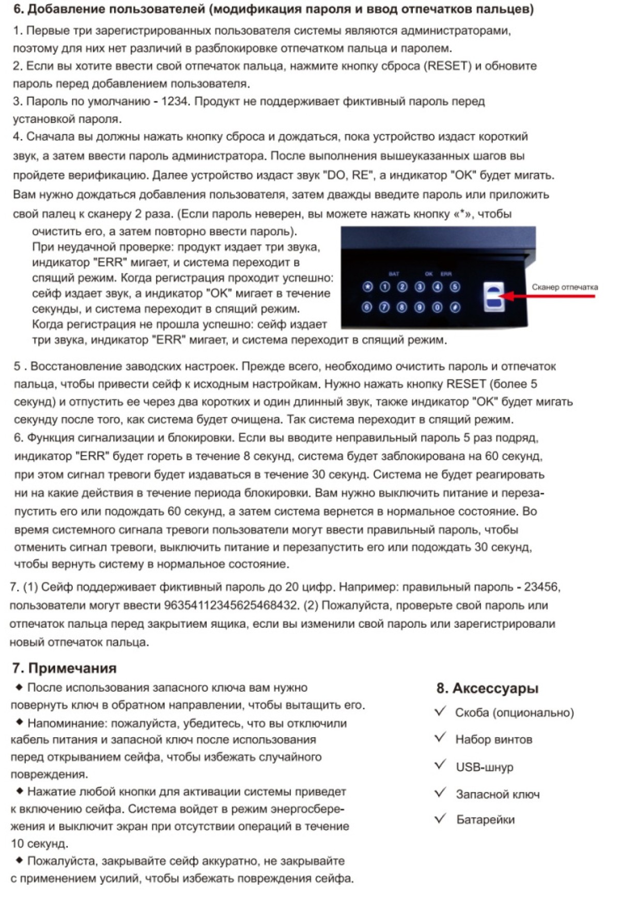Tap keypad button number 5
[455, 287]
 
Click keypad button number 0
[437, 308]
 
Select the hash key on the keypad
[455, 308]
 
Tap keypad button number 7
[384, 308]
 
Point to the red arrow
[548, 296]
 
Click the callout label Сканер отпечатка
[565, 287]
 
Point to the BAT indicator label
[394, 274]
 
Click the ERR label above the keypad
[446, 274]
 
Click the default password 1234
[174, 101]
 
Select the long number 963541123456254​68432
[231, 605]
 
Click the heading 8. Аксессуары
[487, 688]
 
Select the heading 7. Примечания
[64, 668]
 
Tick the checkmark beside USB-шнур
[440, 765]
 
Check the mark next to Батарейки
[440, 818]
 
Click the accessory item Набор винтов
[493, 739]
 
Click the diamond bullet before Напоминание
[20, 722]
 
